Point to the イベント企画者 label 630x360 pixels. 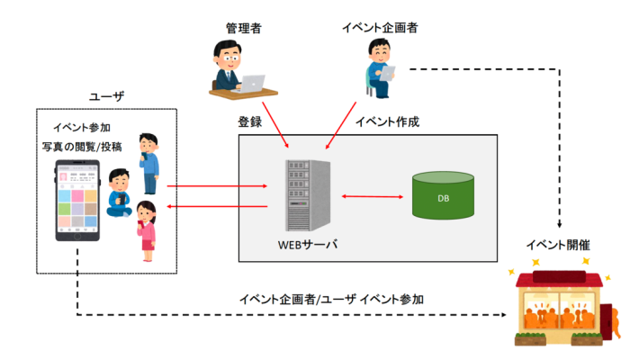coord(380,28)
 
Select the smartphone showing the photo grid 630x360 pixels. coord(77,201)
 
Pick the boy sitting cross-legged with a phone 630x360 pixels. coord(118,193)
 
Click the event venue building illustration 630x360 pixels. coord(562,306)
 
